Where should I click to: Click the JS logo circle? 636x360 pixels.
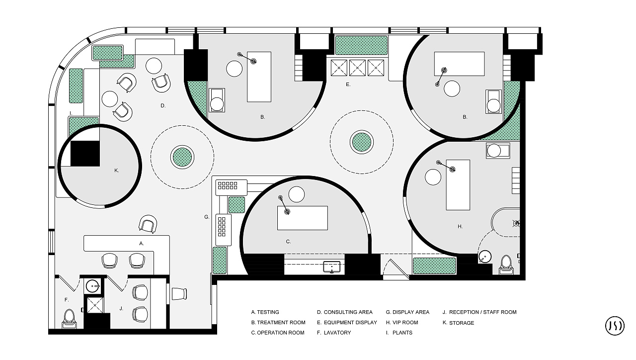point(615,325)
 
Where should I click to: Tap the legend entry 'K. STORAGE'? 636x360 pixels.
point(458,323)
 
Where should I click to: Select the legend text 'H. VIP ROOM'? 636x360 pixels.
point(402,323)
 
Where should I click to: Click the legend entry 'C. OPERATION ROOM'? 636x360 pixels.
point(278,333)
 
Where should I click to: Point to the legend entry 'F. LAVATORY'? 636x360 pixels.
point(334,333)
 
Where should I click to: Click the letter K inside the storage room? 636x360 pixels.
point(116,171)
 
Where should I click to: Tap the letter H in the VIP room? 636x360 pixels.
point(460,226)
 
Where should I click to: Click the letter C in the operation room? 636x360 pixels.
point(288,242)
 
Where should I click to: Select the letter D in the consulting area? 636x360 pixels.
point(162,106)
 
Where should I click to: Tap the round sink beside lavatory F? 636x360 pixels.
point(92,285)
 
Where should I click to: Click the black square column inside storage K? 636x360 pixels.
point(85,154)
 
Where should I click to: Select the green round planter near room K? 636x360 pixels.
point(182,157)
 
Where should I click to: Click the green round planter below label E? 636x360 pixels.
point(362,142)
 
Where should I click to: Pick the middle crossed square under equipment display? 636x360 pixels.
point(357,68)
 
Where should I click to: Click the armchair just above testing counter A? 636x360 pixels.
point(148,224)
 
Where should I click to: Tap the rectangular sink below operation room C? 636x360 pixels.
point(332,267)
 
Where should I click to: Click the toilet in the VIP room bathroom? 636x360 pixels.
point(506,265)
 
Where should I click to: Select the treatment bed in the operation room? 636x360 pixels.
point(303,218)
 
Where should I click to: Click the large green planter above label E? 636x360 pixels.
point(361,45)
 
